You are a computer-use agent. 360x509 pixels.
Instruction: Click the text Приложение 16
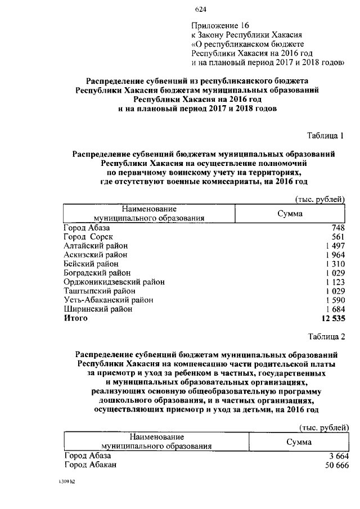(220, 25)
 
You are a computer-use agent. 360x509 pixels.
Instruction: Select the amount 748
(337, 228)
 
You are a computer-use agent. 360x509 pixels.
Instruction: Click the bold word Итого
(75, 318)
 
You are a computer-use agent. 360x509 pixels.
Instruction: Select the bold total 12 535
(332, 318)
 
